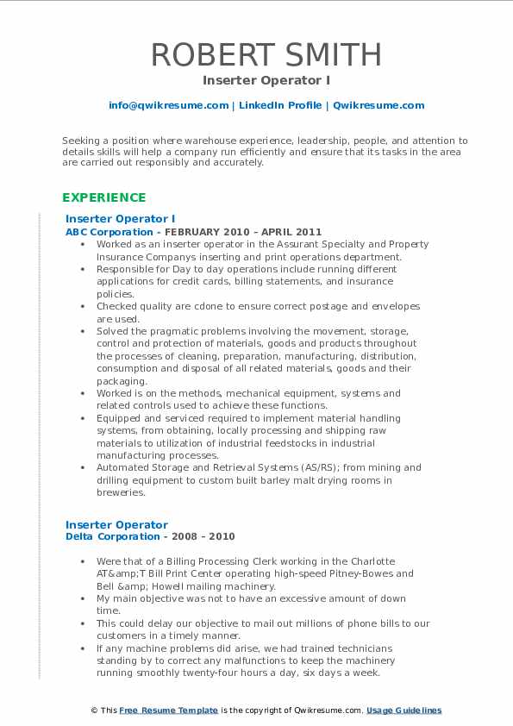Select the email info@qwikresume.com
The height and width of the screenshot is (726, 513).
pyautogui.click(x=168, y=105)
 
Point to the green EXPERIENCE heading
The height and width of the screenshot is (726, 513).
pyautogui.click(x=104, y=197)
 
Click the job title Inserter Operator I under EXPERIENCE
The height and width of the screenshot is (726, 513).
pyautogui.click(x=121, y=219)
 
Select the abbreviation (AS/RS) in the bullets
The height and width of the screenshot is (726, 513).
pyautogui.click(x=295, y=467)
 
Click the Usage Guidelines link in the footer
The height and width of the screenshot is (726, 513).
pyautogui.click(x=404, y=710)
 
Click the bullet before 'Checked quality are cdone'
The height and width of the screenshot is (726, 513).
pyautogui.click(x=87, y=306)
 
